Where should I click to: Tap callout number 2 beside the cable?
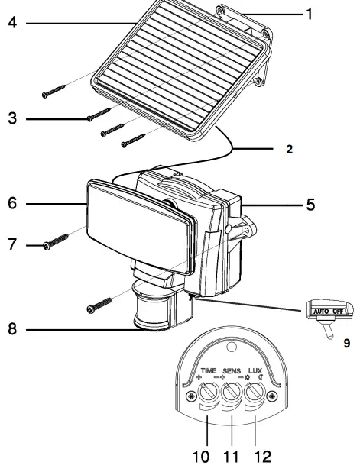point(289,150)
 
